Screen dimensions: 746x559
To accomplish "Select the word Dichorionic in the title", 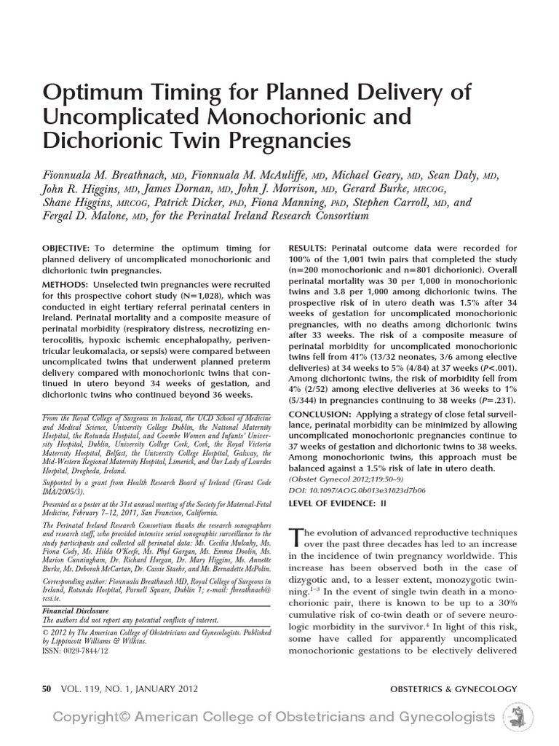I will [113, 138].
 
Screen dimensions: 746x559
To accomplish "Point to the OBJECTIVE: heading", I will [66, 248].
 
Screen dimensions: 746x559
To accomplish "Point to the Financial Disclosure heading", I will [76, 610].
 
